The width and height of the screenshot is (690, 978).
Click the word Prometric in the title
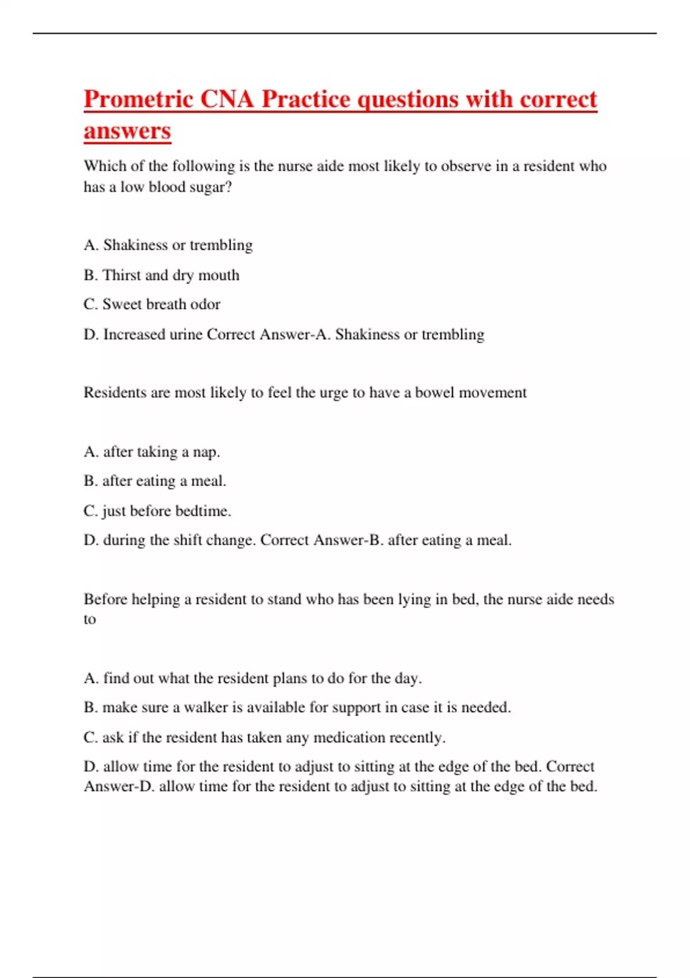(x=139, y=100)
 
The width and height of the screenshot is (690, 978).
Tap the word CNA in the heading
(x=227, y=100)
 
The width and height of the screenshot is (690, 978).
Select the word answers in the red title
(x=127, y=131)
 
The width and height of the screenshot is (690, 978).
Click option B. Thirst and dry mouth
(x=161, y=275)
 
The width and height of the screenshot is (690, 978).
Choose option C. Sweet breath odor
(x=152, y=304)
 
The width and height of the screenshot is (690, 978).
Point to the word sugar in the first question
(x=208, y=187)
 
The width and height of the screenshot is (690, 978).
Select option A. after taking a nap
(x=152, y=452)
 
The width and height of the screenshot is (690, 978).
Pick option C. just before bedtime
(x=157, y=511)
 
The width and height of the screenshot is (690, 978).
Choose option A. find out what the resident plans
(x=252, y=678)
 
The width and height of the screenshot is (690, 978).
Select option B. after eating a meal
(x=155, y=481)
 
